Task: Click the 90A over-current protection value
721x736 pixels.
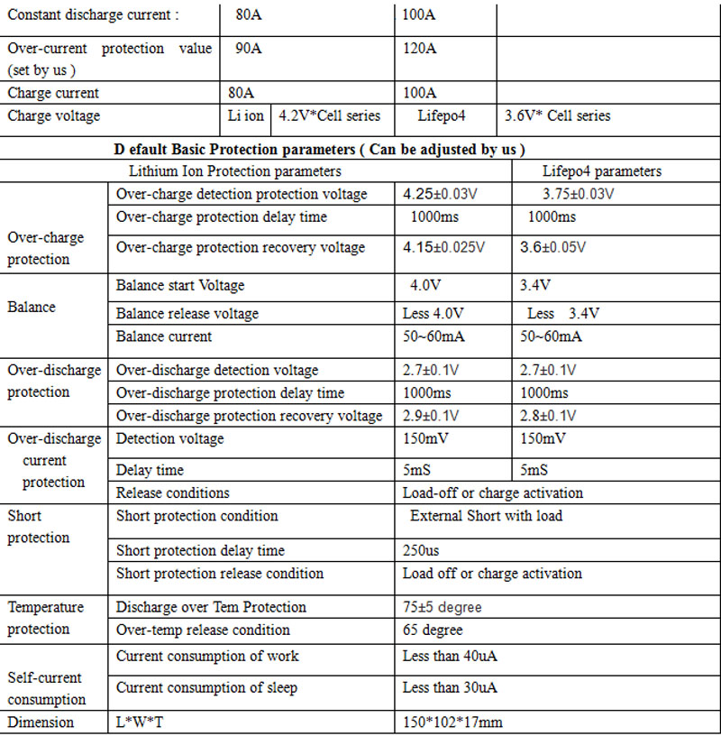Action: (x=249, y=49)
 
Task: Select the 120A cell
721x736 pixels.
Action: (x=420, y=49)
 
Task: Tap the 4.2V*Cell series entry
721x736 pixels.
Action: (x=330, y=115)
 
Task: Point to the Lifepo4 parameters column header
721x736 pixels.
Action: (x=602, y=171)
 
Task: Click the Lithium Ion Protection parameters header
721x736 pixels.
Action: (x=235, y=171)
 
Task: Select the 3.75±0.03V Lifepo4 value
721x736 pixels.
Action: (x=579, y=194)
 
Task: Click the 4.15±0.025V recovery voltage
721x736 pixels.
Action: (x=443, y=247)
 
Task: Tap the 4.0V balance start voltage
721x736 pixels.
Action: (x=425, y=286)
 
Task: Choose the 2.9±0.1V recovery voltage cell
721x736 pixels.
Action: (x=431, y=416)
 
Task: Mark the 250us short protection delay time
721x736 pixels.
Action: (x=421, y=550)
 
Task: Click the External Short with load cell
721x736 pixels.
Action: (x=486, y=516)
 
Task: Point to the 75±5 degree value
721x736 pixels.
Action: (x=443, y=607)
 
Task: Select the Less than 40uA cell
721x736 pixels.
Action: (x=450, y=656)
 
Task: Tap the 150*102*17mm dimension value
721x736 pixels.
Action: (x=452, y=722)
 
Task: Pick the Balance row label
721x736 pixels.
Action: (x=32, y=307)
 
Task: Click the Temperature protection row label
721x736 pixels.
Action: (x=46, y=618)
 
